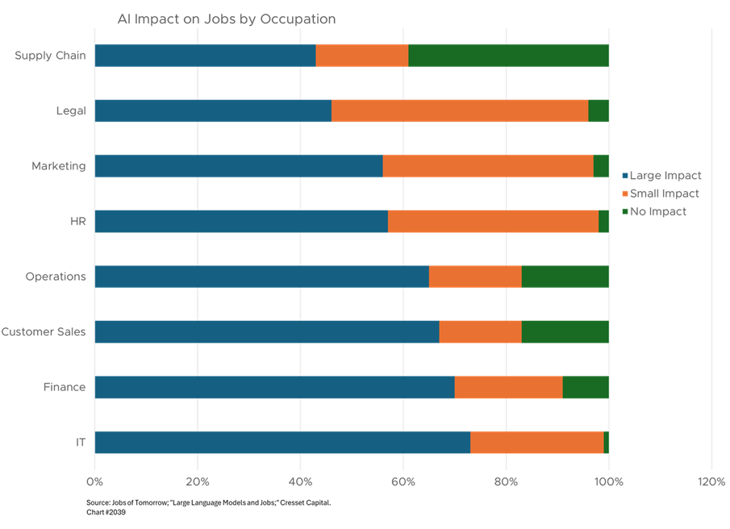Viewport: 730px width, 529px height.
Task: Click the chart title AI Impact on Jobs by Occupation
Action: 227,19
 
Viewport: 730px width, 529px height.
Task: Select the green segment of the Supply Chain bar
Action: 508,55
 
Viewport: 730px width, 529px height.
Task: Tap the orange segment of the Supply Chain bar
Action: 362,55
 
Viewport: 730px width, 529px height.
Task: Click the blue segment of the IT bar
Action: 282,442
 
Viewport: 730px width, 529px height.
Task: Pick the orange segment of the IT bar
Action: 537,442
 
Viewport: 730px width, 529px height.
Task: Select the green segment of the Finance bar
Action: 586,387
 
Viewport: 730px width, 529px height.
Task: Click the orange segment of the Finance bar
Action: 509,387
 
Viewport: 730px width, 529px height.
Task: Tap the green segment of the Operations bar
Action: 565,277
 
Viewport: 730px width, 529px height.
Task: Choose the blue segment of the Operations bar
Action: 261,277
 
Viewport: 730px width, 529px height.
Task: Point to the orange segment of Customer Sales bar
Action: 481,331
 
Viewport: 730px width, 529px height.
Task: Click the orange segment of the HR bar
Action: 493,222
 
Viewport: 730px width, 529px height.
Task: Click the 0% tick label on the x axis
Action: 95,481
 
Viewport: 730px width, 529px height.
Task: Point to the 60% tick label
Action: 403,481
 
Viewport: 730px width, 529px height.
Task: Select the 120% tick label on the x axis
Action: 711,481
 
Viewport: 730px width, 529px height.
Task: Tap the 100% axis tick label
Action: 609,481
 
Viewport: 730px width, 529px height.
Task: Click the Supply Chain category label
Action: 50,57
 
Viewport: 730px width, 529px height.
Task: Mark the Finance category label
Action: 64,389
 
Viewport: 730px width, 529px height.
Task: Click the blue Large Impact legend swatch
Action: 625,177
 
